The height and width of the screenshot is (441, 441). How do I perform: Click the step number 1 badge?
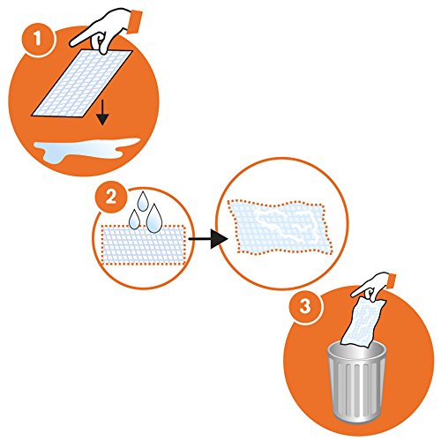pyautogui.click(x=37, y=39)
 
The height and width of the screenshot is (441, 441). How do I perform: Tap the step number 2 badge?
pyautogui.click(x=111, y=198)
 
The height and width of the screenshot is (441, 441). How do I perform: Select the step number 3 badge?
pyautogui.click(x=304, y=306)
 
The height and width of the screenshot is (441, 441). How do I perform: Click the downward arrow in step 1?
pyautogui.click(x=102, y=113)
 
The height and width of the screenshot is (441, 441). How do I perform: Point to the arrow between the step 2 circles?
pyautogui.click(x=208, y=239)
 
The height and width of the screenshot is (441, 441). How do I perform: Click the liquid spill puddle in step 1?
pyautogui.click(x=86, y=149)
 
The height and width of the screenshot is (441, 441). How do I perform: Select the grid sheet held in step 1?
pyautogui.click(x=82, y=84)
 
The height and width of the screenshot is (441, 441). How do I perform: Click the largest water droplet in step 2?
pyautogui.click(x=154, y=219)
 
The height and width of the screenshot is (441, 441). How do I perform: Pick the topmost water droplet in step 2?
pyautogui.click(x=143, y=202)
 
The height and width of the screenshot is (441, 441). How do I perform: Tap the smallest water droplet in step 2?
pyautogui.click(x=134, y=220)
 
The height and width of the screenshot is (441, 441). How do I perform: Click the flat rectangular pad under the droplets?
pyautogui.click(x=144, y=245)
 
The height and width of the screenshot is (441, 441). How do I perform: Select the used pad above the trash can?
pyautogui.click(x=363, y=323)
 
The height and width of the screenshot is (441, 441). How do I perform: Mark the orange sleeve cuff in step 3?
pyautogui.click(x=392, y=281)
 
